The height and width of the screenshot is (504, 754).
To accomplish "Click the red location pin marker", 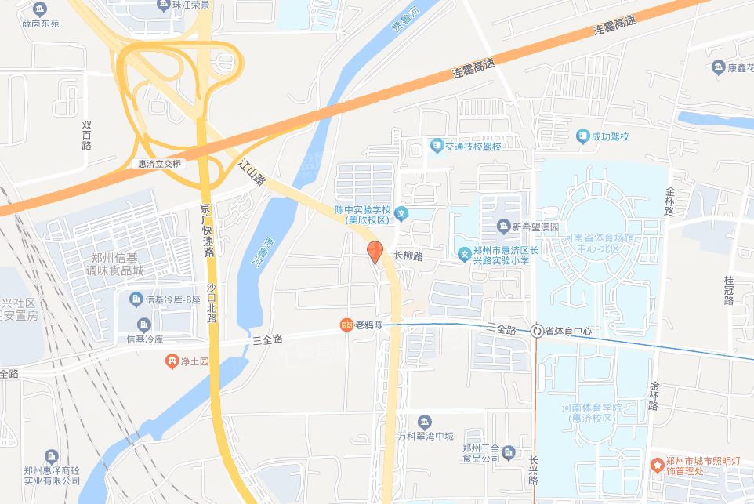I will tap(375, 252).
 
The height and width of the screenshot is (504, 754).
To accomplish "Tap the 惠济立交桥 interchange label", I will tap(159, 164).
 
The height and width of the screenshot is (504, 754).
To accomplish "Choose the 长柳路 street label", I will tap(408, 256).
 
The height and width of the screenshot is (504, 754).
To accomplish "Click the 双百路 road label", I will tap(86, 135).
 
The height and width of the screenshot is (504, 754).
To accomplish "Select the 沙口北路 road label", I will tap(212, 303).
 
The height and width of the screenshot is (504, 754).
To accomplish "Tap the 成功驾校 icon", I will tap(582, 137).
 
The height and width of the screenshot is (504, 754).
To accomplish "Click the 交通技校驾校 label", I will tap(473, 146).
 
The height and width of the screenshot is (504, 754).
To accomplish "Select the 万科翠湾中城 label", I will tap(425, 436).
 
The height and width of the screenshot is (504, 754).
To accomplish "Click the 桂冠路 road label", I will tap(728, 289).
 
